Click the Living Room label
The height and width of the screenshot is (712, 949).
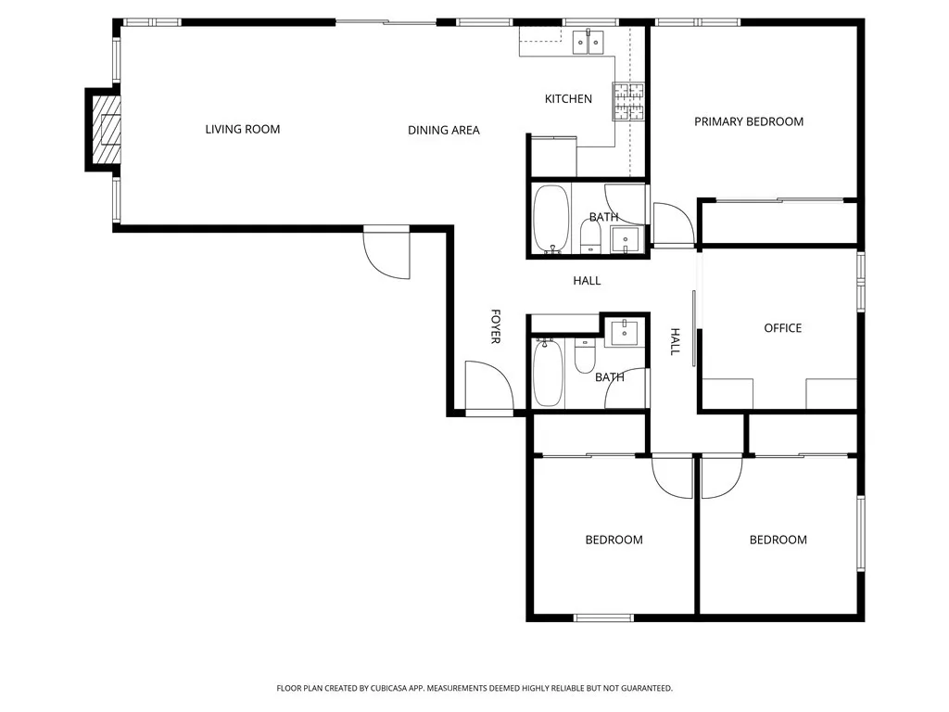[242, 129]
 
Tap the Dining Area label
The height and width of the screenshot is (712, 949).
[444, 130]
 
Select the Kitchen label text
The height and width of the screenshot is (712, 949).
[568, 98]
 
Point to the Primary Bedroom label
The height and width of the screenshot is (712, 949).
[749, 121]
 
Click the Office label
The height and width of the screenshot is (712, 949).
[782, 328]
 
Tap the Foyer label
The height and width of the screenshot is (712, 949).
[495, 326]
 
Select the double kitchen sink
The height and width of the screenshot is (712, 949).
[588, 42]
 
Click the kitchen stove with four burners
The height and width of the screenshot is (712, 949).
[628, 101]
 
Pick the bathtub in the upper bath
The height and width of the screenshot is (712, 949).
[550, 218]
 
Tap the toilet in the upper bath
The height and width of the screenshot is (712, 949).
[590, 236]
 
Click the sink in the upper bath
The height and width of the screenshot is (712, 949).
[625, 238]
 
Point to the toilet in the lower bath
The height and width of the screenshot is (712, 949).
[585, 356]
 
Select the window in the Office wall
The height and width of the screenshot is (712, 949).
[861, 282]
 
